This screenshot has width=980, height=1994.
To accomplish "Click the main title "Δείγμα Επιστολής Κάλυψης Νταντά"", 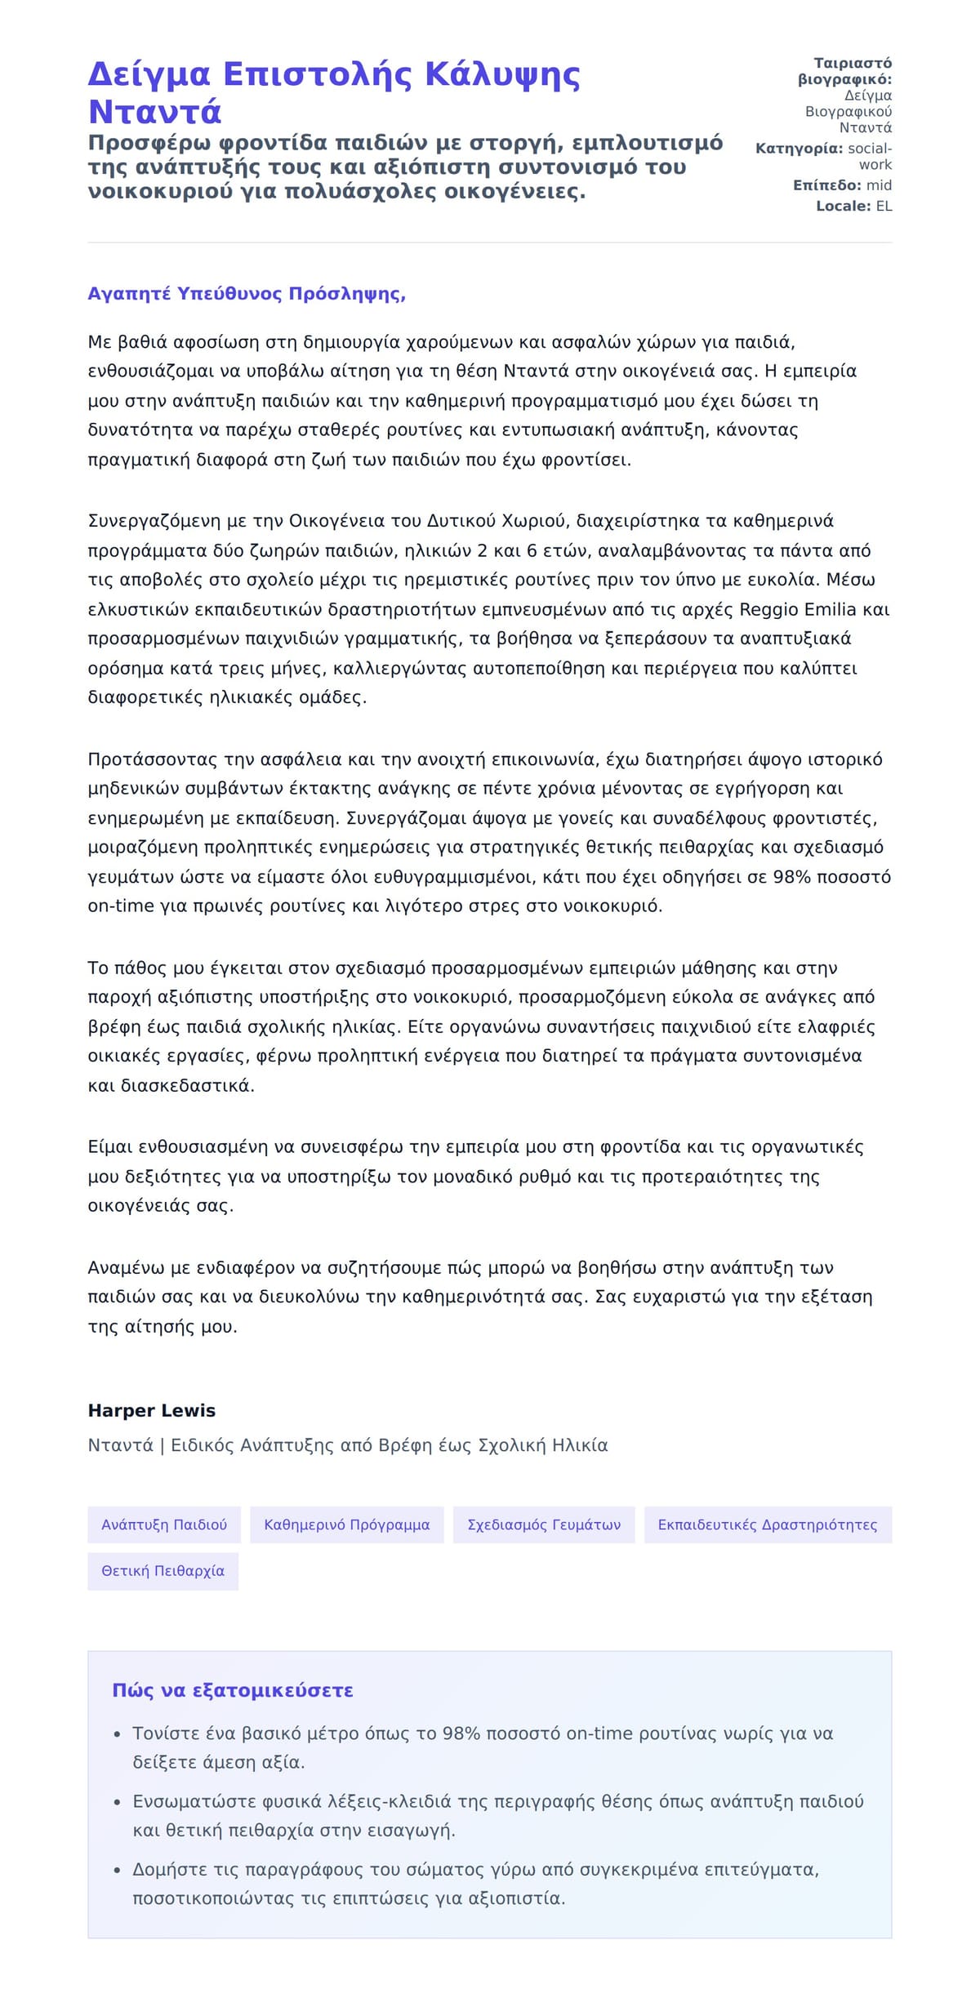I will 333,92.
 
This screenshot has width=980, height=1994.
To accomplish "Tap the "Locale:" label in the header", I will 843,207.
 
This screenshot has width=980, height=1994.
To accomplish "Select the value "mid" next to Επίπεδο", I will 879,185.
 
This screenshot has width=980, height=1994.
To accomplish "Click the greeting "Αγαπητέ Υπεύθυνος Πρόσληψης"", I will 246,294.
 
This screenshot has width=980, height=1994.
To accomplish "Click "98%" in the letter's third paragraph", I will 790,877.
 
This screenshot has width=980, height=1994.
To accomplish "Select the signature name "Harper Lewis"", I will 152,1410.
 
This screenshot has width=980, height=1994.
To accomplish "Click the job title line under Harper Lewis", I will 348,1445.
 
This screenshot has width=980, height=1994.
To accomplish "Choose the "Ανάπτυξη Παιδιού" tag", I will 164,1524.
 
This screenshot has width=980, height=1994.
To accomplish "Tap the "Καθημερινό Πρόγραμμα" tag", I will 347,1524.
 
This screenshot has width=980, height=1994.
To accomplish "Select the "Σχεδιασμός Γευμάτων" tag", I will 544,1524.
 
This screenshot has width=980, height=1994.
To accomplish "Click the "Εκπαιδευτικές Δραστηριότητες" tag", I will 768,1524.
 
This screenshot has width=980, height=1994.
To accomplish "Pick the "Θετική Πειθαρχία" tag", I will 163,1571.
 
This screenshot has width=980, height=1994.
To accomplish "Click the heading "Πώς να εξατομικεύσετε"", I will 233,1690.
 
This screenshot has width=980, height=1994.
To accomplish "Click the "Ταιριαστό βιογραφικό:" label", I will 845,71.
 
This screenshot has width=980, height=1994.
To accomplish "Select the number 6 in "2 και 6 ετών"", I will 532,551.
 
